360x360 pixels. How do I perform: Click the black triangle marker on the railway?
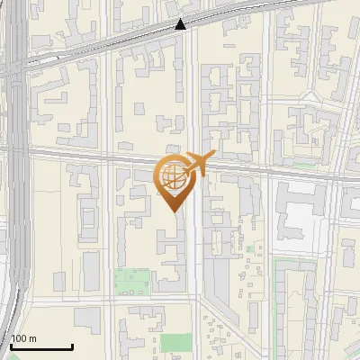click(x=181, y=24)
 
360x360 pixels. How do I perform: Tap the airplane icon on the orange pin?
click(x=197, y=165)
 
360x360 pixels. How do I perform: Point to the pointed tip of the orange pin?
click(x=172, y=211)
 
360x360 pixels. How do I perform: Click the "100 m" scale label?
click(x=23, y=338)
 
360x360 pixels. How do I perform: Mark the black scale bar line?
click(x=41, y=346)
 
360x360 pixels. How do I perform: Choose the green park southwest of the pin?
click(x=132, y=282)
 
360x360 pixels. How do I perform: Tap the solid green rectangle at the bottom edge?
click(x=177, y=343)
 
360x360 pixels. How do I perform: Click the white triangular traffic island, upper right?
click(x=310, y=94)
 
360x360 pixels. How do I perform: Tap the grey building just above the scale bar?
click(x=86, y=319)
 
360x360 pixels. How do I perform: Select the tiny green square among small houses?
click(x=249, y=247)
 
